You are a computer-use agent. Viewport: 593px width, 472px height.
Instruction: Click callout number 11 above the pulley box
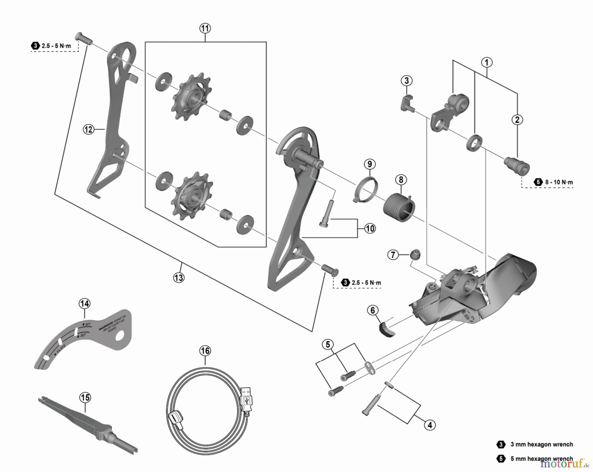point(205,28)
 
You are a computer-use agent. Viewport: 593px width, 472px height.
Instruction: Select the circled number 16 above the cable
point(205,351)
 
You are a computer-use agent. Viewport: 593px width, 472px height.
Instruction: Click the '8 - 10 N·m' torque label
point(559,182)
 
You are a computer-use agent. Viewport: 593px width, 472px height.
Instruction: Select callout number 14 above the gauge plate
point(84,303)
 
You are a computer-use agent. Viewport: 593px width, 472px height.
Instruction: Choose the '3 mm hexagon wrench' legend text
point(541,444)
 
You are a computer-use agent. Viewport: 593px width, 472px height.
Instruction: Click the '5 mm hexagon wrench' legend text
point(541,459)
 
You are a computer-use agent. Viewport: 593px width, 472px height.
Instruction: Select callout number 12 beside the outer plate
point(88,129)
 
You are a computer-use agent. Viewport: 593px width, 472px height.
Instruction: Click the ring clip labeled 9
point(366,190)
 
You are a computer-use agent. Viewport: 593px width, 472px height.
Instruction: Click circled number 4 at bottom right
point(430,425)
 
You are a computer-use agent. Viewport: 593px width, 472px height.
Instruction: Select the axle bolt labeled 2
point(517,165)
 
